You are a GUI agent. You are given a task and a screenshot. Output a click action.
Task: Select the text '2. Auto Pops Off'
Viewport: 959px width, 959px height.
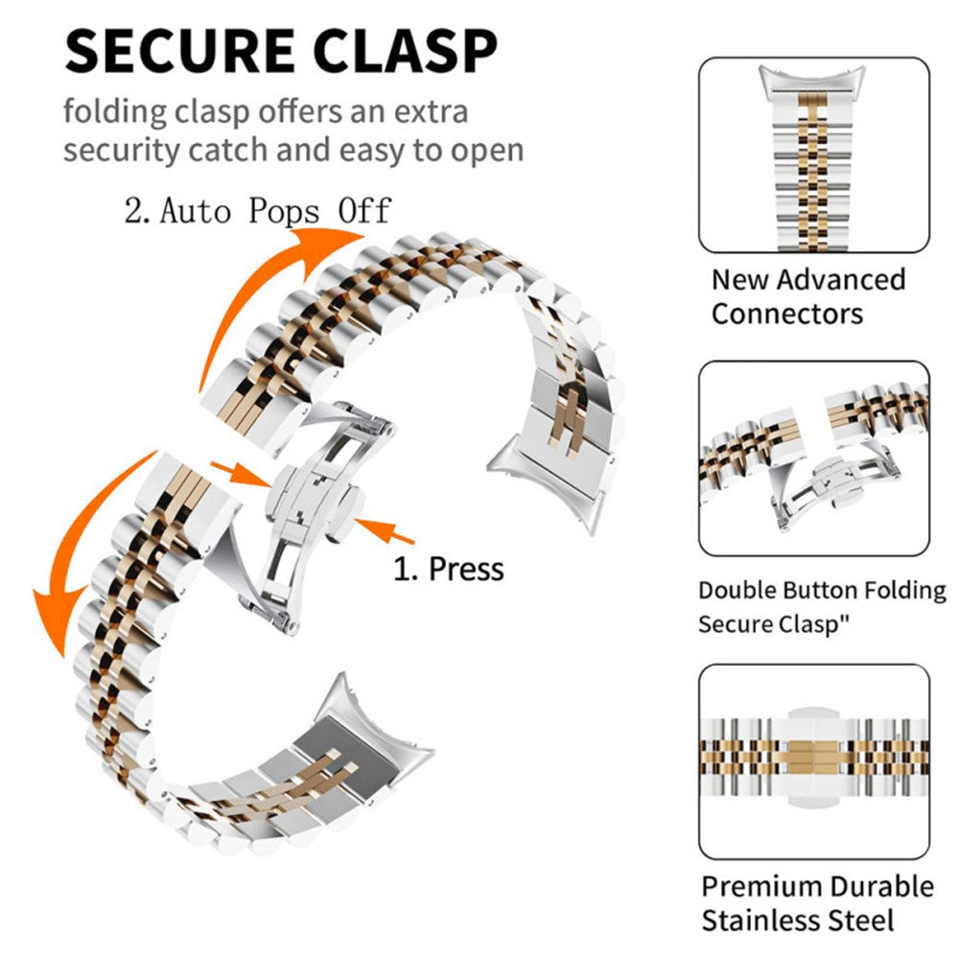[x=258, y=209]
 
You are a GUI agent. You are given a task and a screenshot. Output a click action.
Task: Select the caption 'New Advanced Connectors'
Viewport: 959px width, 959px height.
[x=807, y=296]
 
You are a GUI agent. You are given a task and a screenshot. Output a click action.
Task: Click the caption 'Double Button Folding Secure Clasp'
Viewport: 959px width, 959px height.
[x=821, y=607]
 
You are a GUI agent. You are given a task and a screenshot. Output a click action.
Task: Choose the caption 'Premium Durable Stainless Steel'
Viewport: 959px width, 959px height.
[x=817, y=903]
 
